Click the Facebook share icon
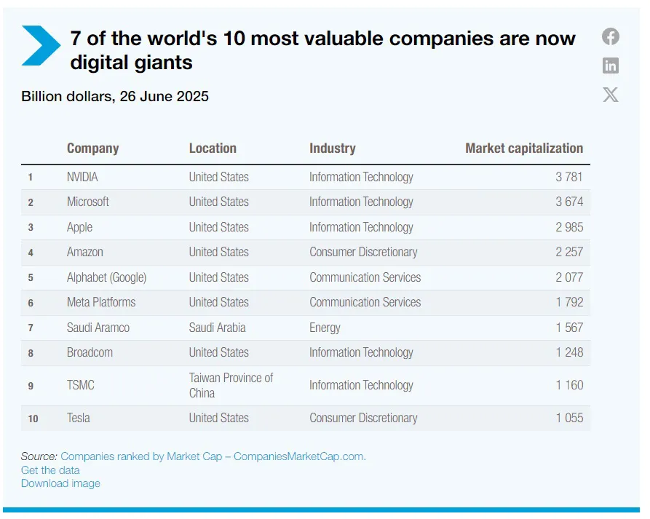pyautogui.click(x=610, y=37)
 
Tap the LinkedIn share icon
pyautogui.click(x=610, y=66)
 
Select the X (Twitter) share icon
pyautogui.click(x=610, y=94)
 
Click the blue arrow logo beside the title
pyautogui.click(x=41, y=45)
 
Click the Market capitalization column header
pyautogui.click(x=524, y=148)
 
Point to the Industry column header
pyautogui.click(x=332, y=148)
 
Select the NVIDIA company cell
pyautogui.click(x=82, y=177)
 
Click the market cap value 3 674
pyautogui.click(x=569, y=202)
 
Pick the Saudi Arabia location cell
pyautogui.click(x=217, y=328)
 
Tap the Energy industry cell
pyautogui.click(x=325, y=328)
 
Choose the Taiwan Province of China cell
pyautogui.click(x=231, y=385)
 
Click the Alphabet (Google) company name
pyautogui.click(x=106, y=277)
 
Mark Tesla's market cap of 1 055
pyautogui.click(x=569, y=418)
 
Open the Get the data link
pyautogui.click(x=50, y=470)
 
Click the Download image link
pyautogui.click(x=60, y=483)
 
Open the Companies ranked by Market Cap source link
pyautogui.click(x=213, y=456)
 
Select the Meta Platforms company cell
pyautogui.click(x=101, y=302)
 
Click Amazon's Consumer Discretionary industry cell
pyautogui.click(x=363, y=252)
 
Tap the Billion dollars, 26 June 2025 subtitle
pyautogui.click(x=115, y=96)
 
